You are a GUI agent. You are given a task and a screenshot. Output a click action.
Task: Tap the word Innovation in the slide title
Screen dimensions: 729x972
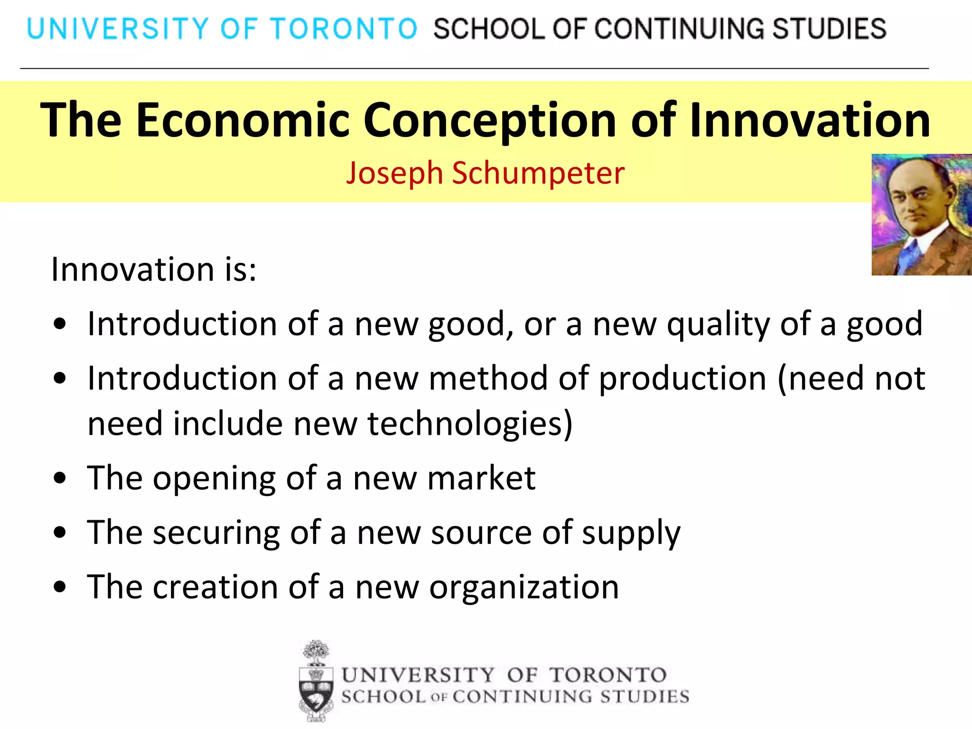[x=810, y=120]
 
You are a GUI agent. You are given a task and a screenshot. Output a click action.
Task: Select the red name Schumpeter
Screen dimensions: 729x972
[x=538, y=173]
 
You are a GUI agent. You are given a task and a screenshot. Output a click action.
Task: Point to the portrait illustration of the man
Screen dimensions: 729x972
[x=921, y=215]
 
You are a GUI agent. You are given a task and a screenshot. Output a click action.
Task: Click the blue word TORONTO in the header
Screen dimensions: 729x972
[x=344, y=28]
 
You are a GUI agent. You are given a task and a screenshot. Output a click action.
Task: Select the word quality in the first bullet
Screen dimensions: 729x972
[x=718, y=325]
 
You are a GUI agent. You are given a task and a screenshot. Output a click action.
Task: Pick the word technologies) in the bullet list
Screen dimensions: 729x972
[x=470, y=423]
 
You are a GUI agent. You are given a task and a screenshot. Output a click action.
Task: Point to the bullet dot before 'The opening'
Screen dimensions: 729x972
[x=60, y=478]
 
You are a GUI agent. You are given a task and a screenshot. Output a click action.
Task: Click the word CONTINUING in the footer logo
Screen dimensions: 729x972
[x=522, y=697]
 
